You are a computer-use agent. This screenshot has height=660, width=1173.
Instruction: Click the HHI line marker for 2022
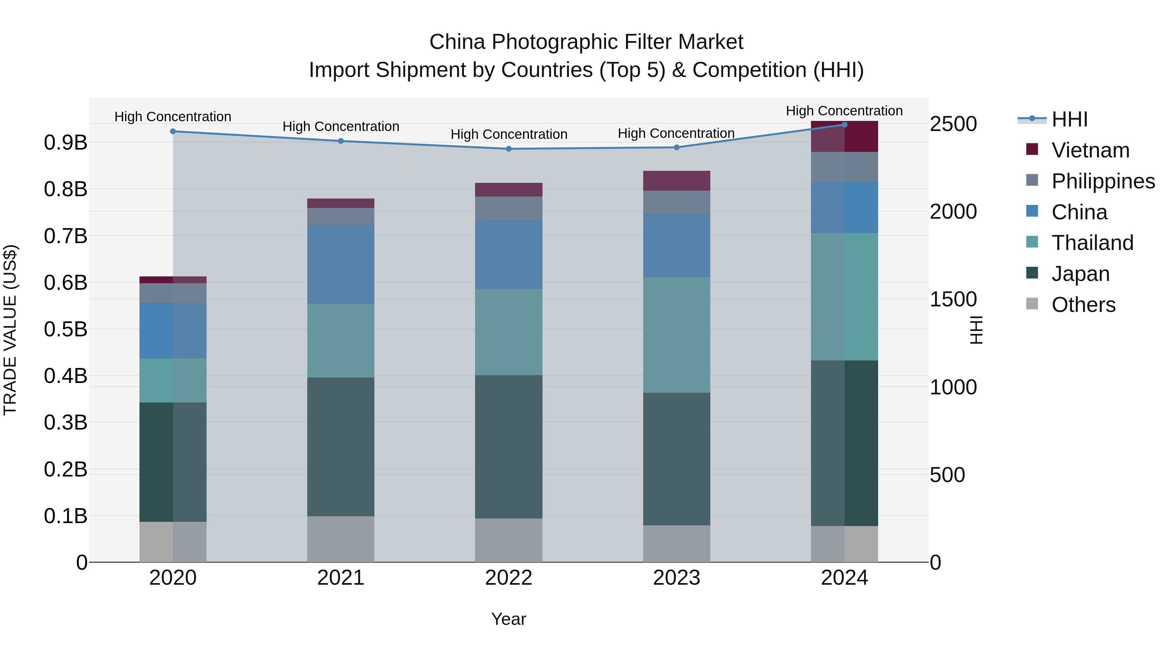click(509, 149)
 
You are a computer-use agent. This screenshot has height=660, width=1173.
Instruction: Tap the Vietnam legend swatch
click(1032, 149)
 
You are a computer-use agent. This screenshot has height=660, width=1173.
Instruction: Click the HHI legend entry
click(1069, 119)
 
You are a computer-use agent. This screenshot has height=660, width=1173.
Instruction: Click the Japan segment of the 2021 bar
click(340, 447)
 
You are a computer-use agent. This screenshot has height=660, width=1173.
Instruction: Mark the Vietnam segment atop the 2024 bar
click(844, 137)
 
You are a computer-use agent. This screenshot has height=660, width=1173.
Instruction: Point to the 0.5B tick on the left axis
click(65, 329)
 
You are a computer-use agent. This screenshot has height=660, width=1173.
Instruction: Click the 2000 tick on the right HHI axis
click(953, 212)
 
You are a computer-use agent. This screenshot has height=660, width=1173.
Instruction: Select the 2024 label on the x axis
click(844, 578)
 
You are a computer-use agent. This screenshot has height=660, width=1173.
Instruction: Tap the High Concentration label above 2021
click(340, 127)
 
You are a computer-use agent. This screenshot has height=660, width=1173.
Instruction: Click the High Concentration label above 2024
click(844, 111)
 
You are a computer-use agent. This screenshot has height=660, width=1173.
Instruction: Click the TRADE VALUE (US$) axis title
click(10, 330)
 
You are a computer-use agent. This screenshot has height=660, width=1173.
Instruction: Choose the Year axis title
click(509, 619)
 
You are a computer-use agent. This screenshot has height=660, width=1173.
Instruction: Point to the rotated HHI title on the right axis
click(976, 330)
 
